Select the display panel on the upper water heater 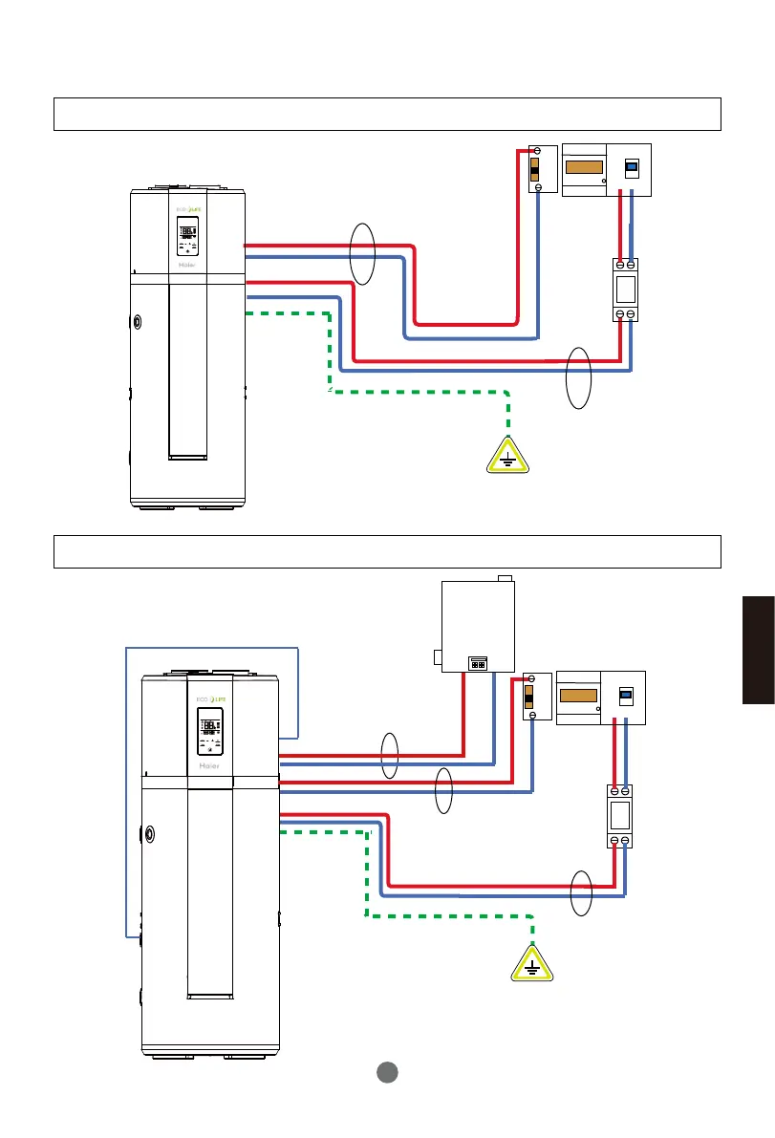pyautogui.click(x=187, y=234)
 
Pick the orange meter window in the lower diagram pyautogui.click(x=578, y=698)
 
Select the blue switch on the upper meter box pyautogui.click(x=630, y=168)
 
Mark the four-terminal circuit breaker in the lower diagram pyautogui.click(x=619, y=815)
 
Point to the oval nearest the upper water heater pyautogui.click(x=362, y=253)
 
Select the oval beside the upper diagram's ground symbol pyautogui.click(x=578, y=378)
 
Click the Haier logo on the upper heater pyautogui.click(x=187, y=266)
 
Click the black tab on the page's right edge pyautogui.click(x=758, y=650)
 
